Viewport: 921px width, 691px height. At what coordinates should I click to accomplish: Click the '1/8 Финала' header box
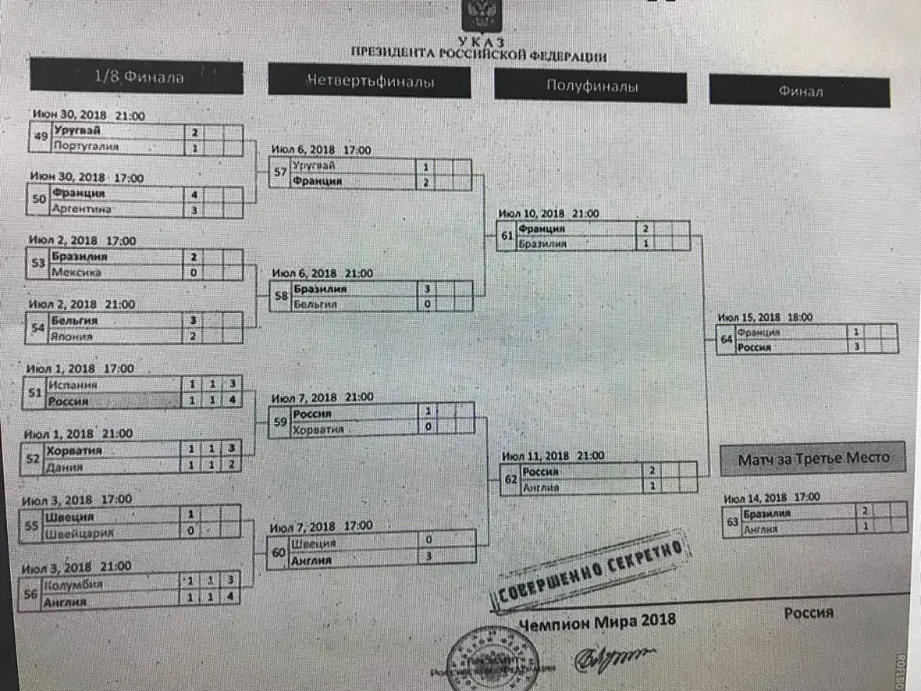point(137,77)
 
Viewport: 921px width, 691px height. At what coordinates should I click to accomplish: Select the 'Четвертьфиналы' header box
point(369,81)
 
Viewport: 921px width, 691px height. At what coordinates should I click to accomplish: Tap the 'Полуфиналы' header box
point(590,87)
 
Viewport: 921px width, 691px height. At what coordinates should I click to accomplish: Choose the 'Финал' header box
point(799,91)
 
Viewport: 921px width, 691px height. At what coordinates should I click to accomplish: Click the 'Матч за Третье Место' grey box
point(813,458)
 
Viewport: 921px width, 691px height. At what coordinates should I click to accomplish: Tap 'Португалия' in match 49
point(86,146)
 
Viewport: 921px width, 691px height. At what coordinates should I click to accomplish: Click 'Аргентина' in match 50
point(82,209)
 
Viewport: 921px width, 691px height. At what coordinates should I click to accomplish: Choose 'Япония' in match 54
point(73,337)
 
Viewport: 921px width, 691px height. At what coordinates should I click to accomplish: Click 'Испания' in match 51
point(72,385)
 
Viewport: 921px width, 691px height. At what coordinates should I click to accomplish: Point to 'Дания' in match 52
point(65,467)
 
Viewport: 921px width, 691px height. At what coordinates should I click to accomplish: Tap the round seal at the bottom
point(493,660)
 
